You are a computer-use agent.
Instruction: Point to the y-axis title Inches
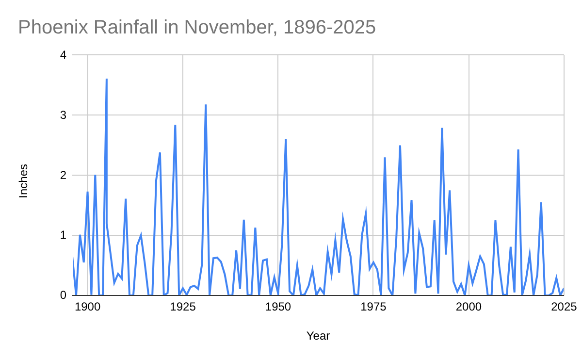coord(23,181)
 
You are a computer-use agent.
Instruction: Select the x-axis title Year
coord(318,336)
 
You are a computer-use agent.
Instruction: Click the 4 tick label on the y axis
coord(63,55)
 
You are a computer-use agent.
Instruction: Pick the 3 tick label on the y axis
coord(63,115)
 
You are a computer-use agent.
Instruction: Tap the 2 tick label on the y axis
coord(63,175)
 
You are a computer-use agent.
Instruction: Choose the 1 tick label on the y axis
coord(63,235)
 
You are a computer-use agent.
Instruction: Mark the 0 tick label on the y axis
coord(63,295)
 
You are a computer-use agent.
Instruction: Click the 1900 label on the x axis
coord(87,307)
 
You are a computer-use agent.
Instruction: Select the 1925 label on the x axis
coord(183,307)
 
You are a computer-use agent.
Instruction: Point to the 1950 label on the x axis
coord(278,307)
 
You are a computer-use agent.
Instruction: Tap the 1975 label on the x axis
coord(373,307)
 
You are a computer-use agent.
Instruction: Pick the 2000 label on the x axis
coord(469,307)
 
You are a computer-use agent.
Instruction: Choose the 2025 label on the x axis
coord(564,307)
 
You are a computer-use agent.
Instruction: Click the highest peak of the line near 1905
coord(107,79)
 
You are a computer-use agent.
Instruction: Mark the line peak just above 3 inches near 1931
coord(206,105)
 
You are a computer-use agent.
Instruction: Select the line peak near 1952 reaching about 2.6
coord(286,140)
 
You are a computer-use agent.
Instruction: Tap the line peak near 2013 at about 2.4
coord(518,150)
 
